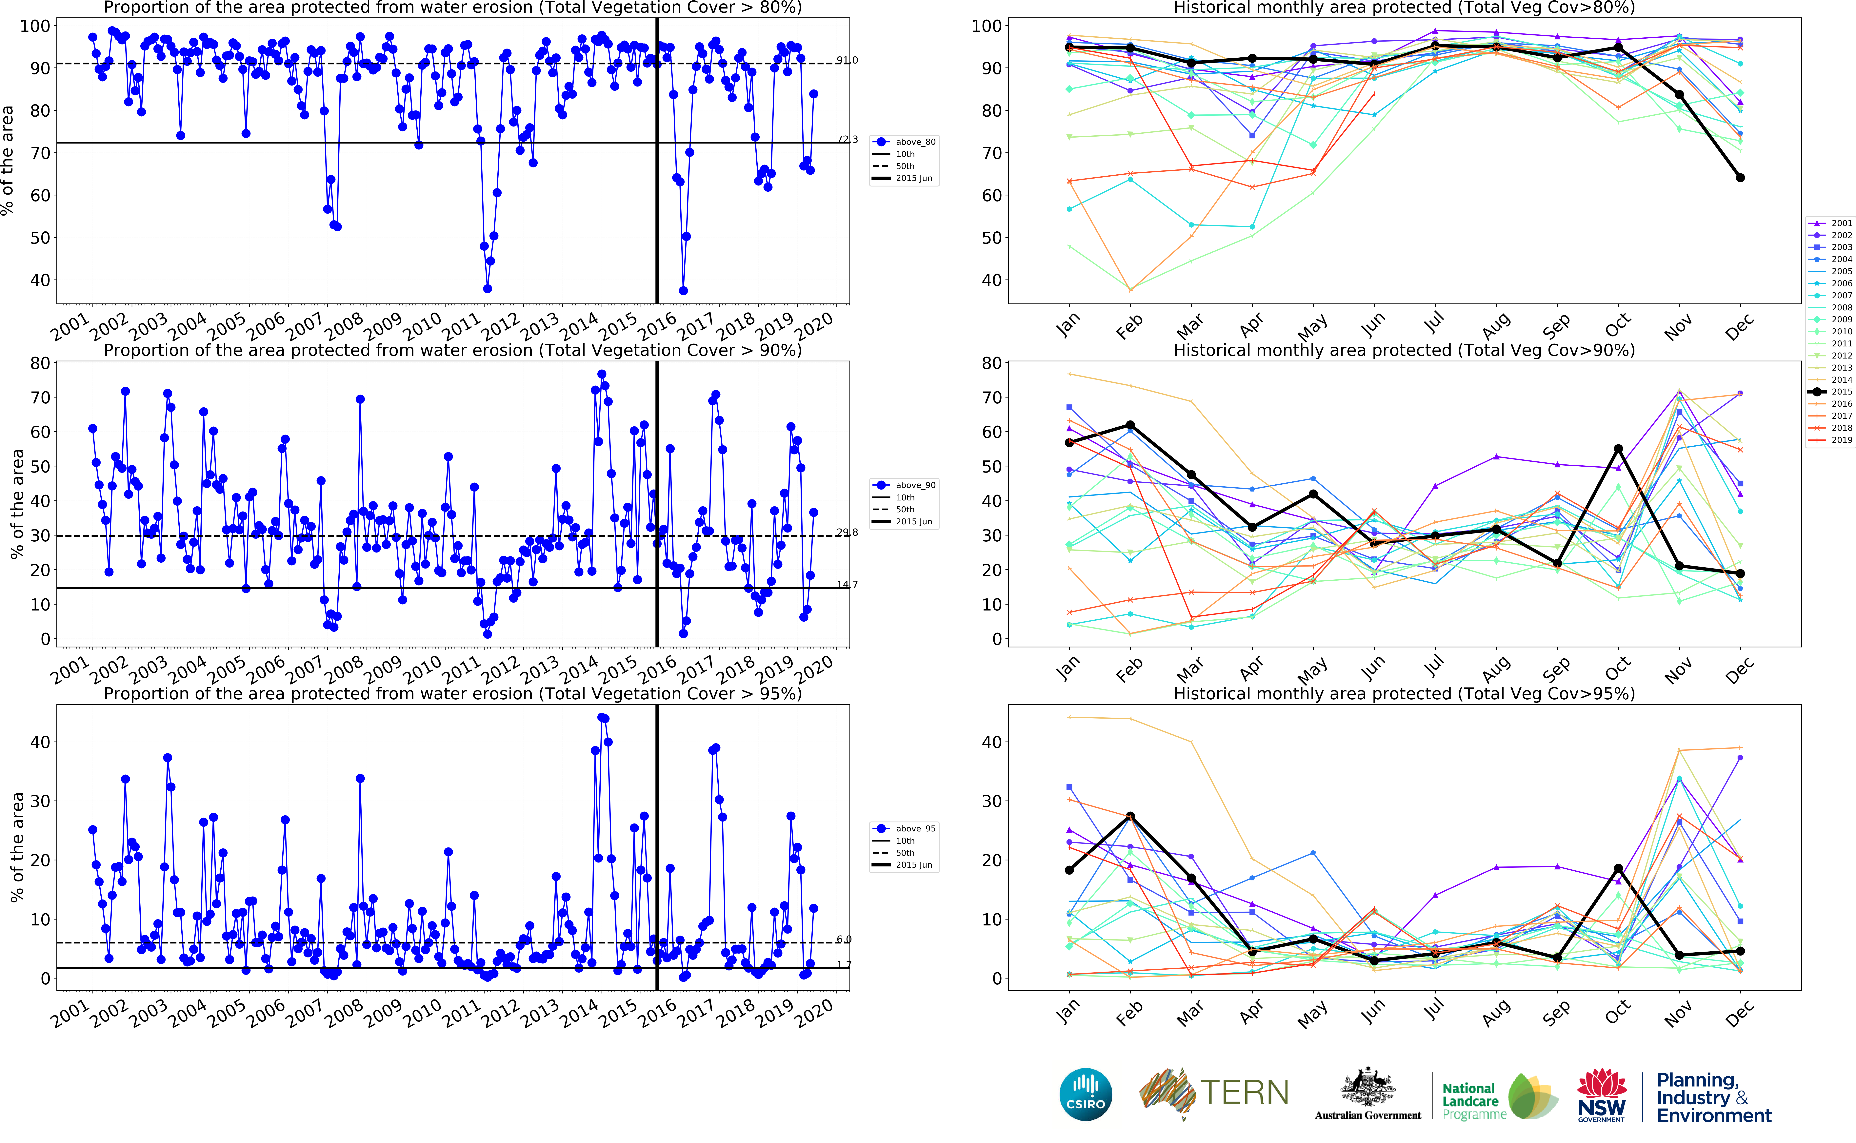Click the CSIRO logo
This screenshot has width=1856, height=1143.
pyautogui.click(x=1086, y=1094)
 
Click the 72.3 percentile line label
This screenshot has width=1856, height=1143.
pyautogui.click(x=847, y=139)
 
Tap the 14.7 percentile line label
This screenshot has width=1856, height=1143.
pyautogui.click(x=847, y=584)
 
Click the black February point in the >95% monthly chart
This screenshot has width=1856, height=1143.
pyautogui.click(x=1130, y=816)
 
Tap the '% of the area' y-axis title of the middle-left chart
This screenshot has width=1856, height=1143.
pyautogui.click(x=17, y=504)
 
